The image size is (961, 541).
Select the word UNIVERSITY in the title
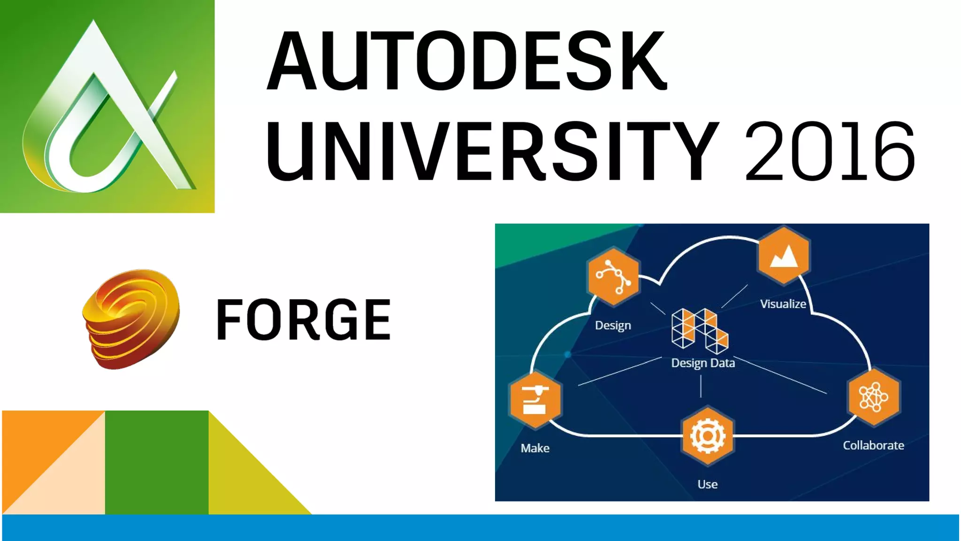pyautogui.click(x=491, y=151)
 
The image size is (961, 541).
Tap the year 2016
pyautogui.click(x=830, y=151)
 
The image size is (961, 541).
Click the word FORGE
pyautogui.click(x=303, y=319)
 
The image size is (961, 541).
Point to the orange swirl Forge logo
pyautogui.click(x=131, y=319)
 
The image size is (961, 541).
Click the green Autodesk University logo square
pyautogui.click(x=107, y=106)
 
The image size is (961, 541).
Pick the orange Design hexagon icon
pyautogui.click(x=613, y=277)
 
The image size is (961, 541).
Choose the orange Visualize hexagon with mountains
pyautogui.click(x=784, y=256)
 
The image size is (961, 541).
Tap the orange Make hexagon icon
pyautogui.click(x=535, y=400)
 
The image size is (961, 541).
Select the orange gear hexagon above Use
pyautogui.click(x=708, y=436)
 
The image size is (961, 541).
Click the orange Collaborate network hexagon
pyautogui.click(x=874, y=397)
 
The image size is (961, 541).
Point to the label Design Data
pyautogui.click(x=703, y=363)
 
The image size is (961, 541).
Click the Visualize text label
pyautogui.click(x=783, y=304)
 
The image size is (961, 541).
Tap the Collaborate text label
pyautogui.click(x=873, y=445)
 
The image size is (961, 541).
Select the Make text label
pyautogui.click(x=535, y=448)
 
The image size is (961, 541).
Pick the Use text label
pyautogui.click(x=707, y=484)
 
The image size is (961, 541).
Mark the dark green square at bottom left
pyautogui.click(x=157, y=462)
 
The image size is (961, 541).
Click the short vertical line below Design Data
pyautogui.click(x=701, y=386)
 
